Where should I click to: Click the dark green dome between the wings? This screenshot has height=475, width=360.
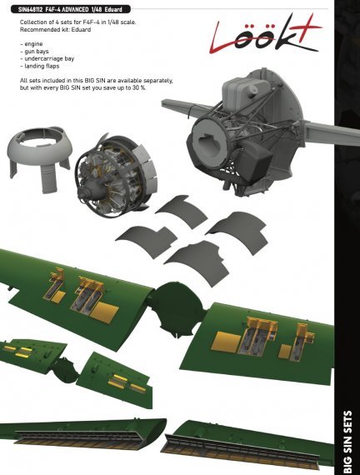(177, 301)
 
